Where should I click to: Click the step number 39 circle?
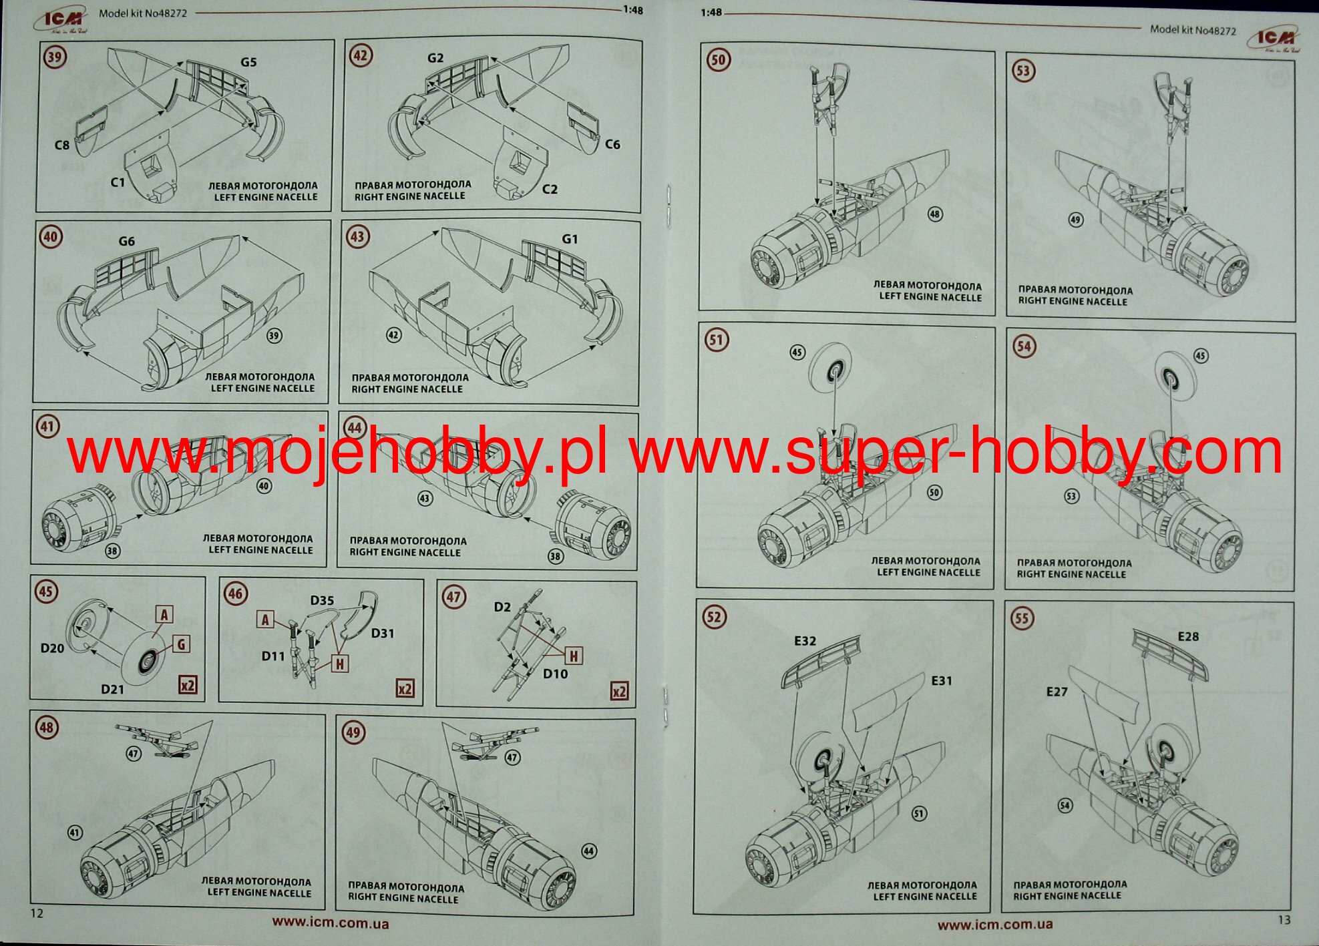click(55, 57)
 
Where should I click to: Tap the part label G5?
click(248, 62)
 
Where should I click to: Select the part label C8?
click(62, 145)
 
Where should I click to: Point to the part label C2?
click(550, 190)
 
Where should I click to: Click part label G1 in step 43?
click(570, 239)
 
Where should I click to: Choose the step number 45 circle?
click(46, 592)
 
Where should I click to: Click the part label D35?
click(322, 601)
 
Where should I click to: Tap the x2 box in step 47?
click(620, 691)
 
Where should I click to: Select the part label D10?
click(555, 674)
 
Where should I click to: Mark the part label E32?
click(805, 641)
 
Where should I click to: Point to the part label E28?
click(1188, 637)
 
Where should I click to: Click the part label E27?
click(1057, 692)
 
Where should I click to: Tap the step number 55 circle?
click(1022, 618)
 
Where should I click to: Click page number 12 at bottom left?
click(37, 913)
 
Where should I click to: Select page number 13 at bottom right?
click(1284, 920)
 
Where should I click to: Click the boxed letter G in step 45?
click(181, 644)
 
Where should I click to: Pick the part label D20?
click(53, 648)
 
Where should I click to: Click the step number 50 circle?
click(718, 60)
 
